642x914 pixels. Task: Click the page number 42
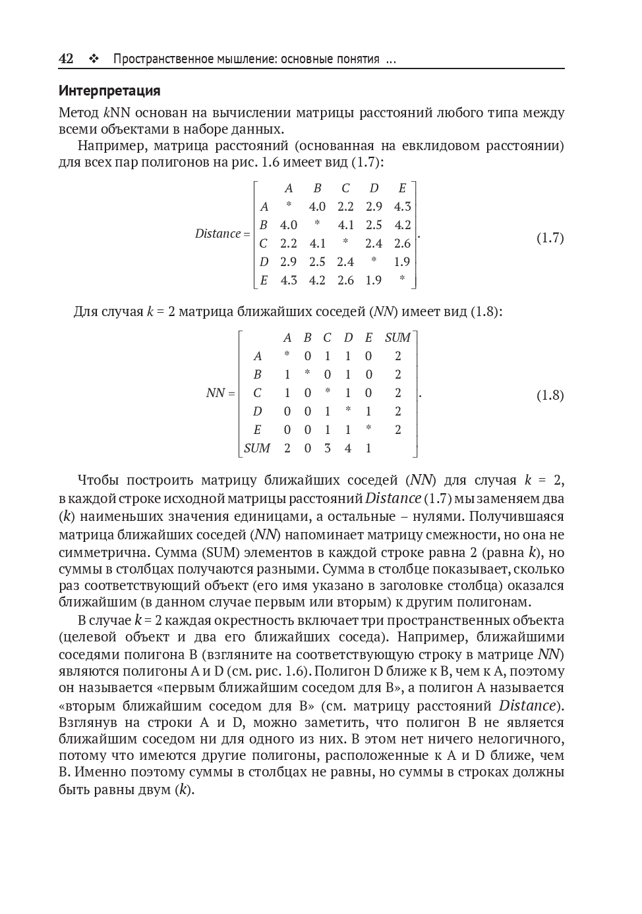point(66,59)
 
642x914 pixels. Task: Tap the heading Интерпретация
point(109,91)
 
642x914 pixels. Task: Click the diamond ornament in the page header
point(94,59)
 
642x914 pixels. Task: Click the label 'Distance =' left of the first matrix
point(222,234)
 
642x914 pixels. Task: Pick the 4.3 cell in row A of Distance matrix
point(402,207)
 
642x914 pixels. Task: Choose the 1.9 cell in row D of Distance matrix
point(402,261)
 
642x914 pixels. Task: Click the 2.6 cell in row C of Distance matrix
point(402,243)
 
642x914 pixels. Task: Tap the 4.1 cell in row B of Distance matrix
point(346,225)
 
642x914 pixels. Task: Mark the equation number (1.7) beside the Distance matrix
point(550,238)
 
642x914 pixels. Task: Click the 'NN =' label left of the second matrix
point(220,393)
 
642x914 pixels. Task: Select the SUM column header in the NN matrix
point(397,338)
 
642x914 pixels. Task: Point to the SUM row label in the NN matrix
point(257,448)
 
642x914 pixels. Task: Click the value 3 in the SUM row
point(327,448)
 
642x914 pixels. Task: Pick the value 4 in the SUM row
point(347,448)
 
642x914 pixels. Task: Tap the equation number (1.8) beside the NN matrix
point(550,395)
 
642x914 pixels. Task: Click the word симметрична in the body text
point(100,552)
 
